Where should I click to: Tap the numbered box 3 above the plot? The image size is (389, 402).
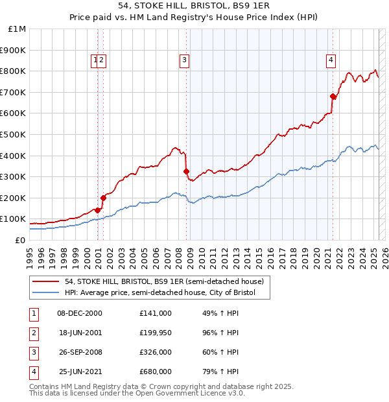[x=184, y=60]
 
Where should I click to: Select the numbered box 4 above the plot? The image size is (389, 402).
[x=331, y=60]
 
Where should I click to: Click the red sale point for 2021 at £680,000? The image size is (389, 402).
[x=333, y=97]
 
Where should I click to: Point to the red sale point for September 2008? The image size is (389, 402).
[x=186, y=171]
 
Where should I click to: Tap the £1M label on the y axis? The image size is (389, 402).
[x=18, y=29]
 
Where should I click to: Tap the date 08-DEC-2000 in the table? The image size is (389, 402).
[x=80, y=313]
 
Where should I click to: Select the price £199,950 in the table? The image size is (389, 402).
[x=156, y=333]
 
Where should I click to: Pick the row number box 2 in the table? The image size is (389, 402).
[x=34, y=333]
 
